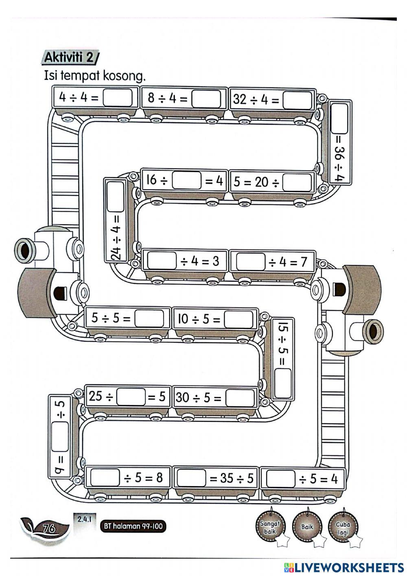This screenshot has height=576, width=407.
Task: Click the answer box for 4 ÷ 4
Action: tap(118, 98)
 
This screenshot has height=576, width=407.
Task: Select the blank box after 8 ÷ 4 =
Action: tap(206, 99)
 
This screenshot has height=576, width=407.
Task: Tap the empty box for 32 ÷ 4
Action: tap(297, 99)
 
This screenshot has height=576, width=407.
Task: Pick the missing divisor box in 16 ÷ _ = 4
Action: tap(187, 180)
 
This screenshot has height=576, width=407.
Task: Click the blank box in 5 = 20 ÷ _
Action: tap(297, 182)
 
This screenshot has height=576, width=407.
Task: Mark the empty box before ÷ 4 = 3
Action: tap(162, 261)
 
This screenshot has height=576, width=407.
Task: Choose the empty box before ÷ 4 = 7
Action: tap(251, 261)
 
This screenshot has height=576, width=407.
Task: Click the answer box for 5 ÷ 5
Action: tap(149, 319)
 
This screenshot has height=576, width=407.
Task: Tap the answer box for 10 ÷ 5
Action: tap(239, 320)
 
